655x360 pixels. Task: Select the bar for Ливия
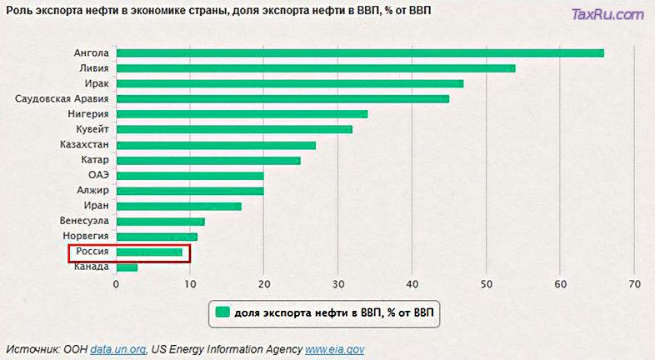316,68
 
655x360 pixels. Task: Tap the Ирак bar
290,83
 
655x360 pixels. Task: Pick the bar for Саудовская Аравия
282,98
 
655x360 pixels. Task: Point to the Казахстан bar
216,145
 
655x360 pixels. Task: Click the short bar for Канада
127,267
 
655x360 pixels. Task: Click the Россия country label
92,252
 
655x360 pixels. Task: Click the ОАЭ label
98,175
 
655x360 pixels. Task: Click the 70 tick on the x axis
634,282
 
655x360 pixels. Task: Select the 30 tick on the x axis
338,282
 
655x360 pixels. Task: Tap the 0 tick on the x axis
117,282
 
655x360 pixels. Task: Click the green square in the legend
222,312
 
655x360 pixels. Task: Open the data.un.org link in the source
117,349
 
